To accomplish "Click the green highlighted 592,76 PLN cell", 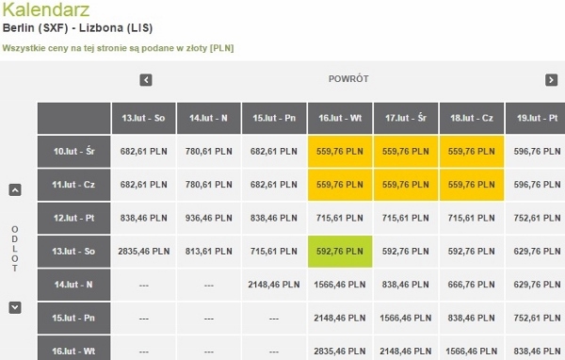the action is tap(340, 252).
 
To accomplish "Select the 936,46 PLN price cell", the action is tap(209, 218).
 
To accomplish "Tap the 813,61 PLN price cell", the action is tap(209, 252).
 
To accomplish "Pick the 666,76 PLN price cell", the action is tap(472, 285).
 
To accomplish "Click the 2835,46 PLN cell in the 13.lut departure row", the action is tap(144, 252).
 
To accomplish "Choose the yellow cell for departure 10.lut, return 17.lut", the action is tap(406, 152).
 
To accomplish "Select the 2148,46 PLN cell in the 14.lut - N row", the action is tap(274, 285).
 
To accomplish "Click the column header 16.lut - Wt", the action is tap(340, 118).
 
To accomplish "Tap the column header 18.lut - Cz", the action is tap(472, 118).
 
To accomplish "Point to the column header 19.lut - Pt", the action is tap(536, 118).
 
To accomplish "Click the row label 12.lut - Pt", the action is tap(73, 218).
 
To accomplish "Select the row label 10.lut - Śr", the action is tap(73, 152).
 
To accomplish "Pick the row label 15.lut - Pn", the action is tap(73, 319).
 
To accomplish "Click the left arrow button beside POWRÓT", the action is tap(146, 80).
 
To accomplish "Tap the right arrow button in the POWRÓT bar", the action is tap(551, 80).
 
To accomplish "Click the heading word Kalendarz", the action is tap(46, 9).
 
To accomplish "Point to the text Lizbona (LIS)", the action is tap(116, 27).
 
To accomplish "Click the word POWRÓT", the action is tap(348, 78).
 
